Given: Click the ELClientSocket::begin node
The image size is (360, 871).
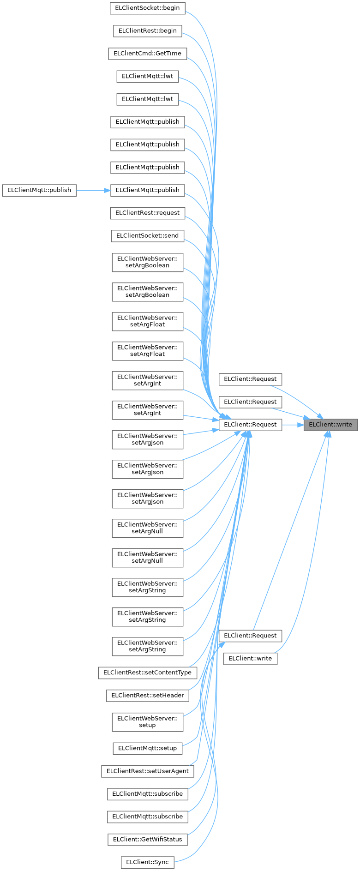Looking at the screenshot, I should [147, 8].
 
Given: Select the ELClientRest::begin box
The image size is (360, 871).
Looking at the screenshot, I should [147, 30].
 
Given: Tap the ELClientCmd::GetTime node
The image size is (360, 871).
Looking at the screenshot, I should [147, 53].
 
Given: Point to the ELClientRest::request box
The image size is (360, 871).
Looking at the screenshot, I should [147, 212].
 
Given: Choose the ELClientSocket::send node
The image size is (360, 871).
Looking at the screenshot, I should [147, 235].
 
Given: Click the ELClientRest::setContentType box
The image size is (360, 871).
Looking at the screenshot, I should [147, 672].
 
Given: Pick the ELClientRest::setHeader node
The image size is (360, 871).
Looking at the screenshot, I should [147, 695].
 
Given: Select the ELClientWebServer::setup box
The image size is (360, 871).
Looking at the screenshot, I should [147, 721].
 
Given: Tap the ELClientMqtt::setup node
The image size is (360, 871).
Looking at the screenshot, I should [147, 748].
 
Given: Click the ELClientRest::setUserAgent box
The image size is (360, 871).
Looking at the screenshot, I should [147, 771].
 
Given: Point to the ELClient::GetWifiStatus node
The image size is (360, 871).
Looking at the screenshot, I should [147, 839].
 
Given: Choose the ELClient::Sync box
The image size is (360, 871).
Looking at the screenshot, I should [147, 862].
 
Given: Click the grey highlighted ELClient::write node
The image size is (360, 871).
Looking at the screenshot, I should [330, 424].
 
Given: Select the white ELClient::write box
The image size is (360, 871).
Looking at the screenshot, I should [250, 658].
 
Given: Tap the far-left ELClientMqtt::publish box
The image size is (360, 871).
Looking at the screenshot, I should [39, 190].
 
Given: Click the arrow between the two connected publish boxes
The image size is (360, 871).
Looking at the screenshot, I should [93, 190].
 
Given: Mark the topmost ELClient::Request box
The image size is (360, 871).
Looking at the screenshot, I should [250, 379].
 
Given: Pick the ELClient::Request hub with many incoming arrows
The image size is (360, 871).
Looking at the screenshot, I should [250, 424].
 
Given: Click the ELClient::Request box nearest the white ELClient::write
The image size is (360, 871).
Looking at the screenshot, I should [250, 636].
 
